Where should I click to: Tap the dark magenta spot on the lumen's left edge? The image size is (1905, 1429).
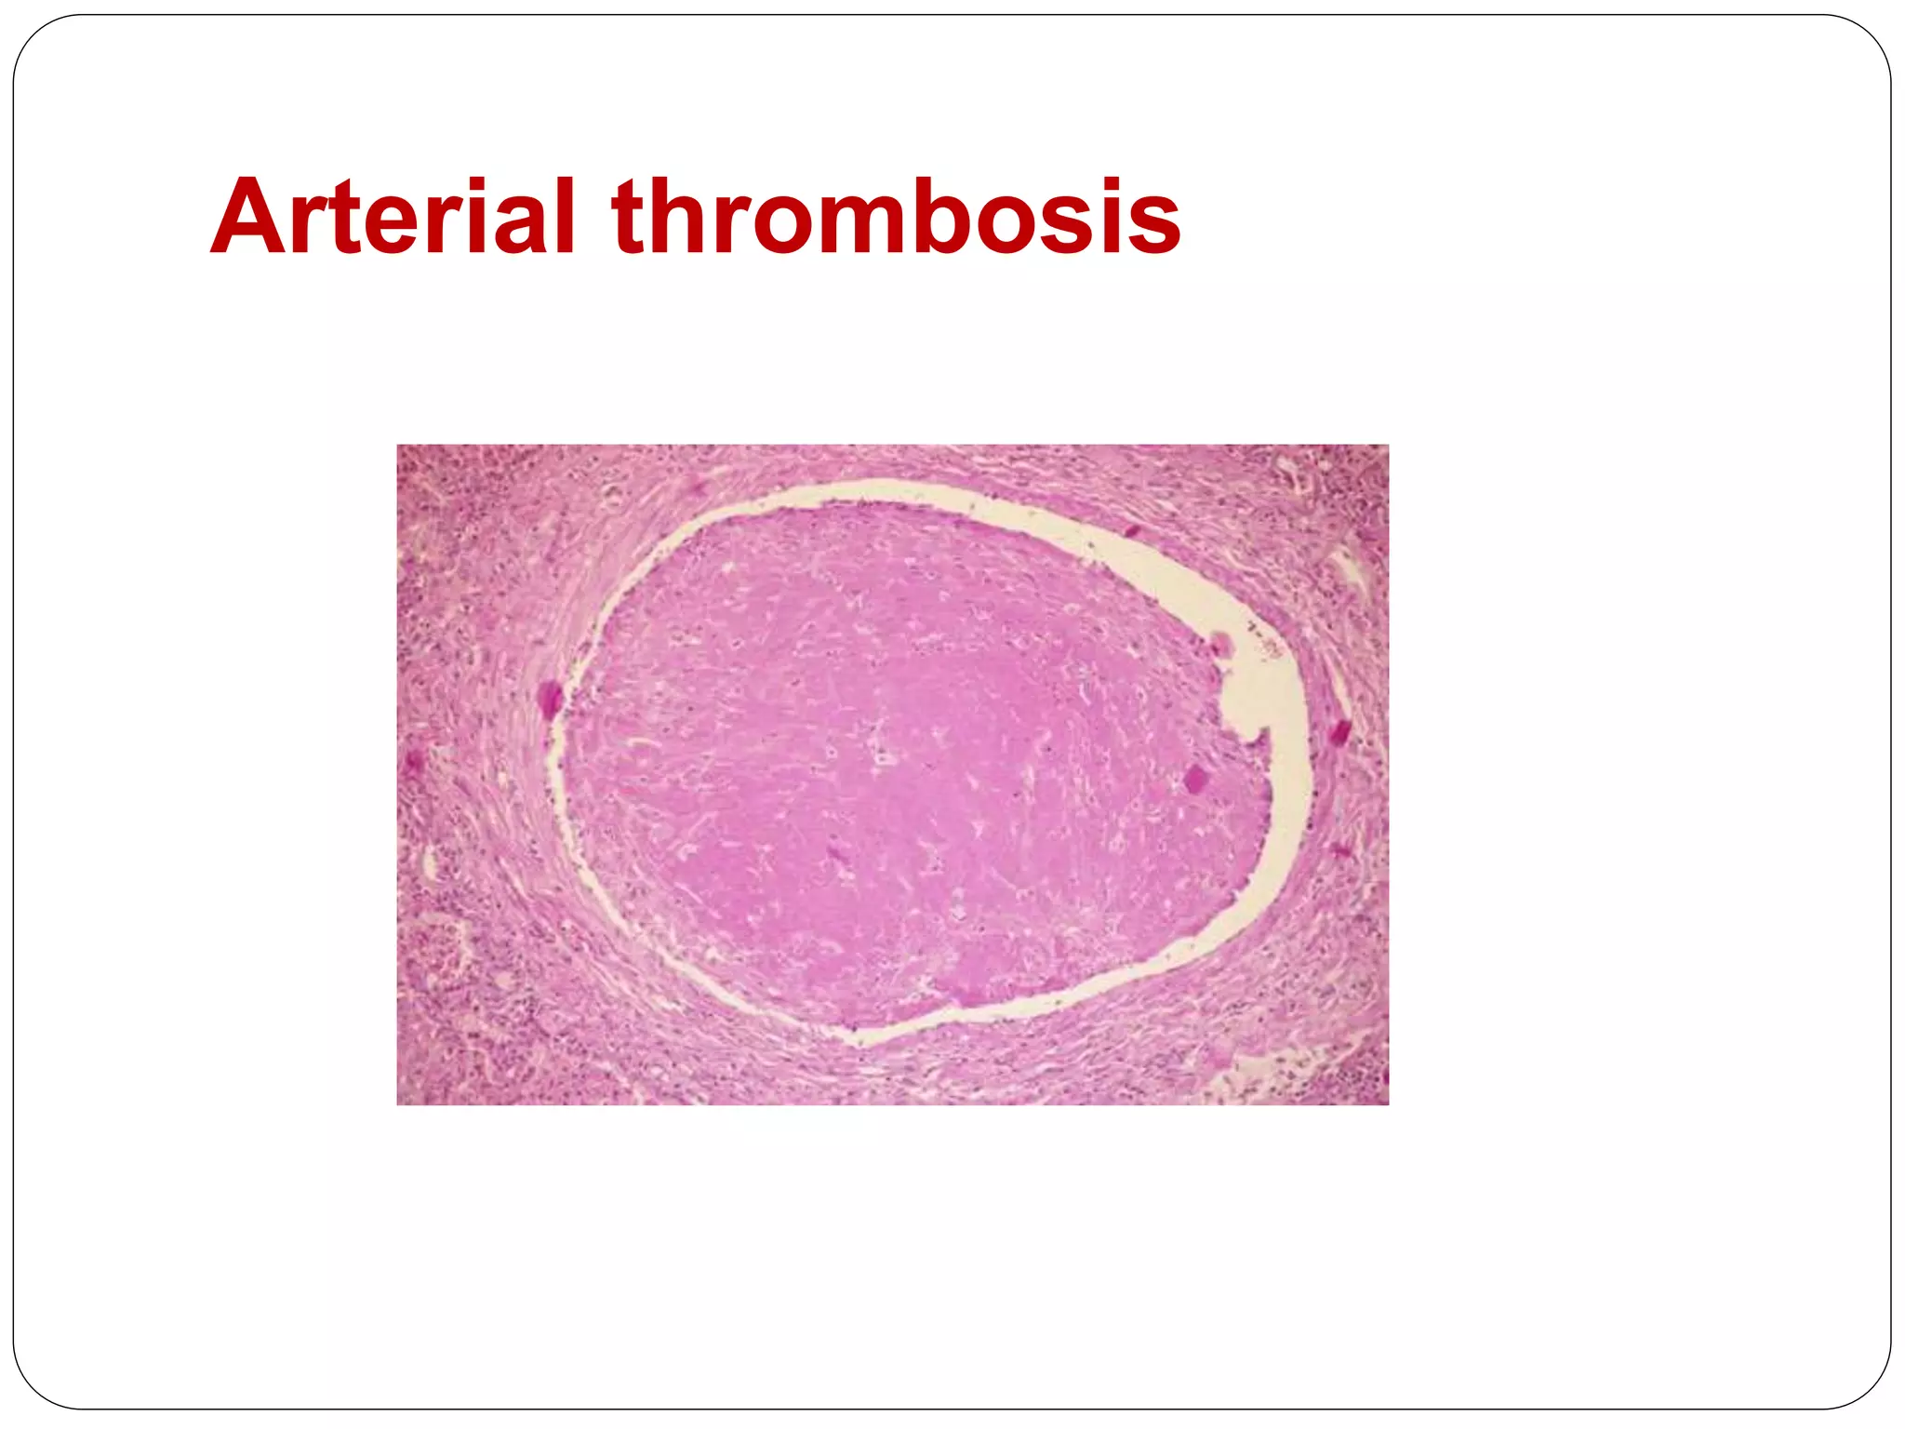click(550, 698)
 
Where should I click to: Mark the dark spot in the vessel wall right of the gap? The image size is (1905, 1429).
click(1340, 732)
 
